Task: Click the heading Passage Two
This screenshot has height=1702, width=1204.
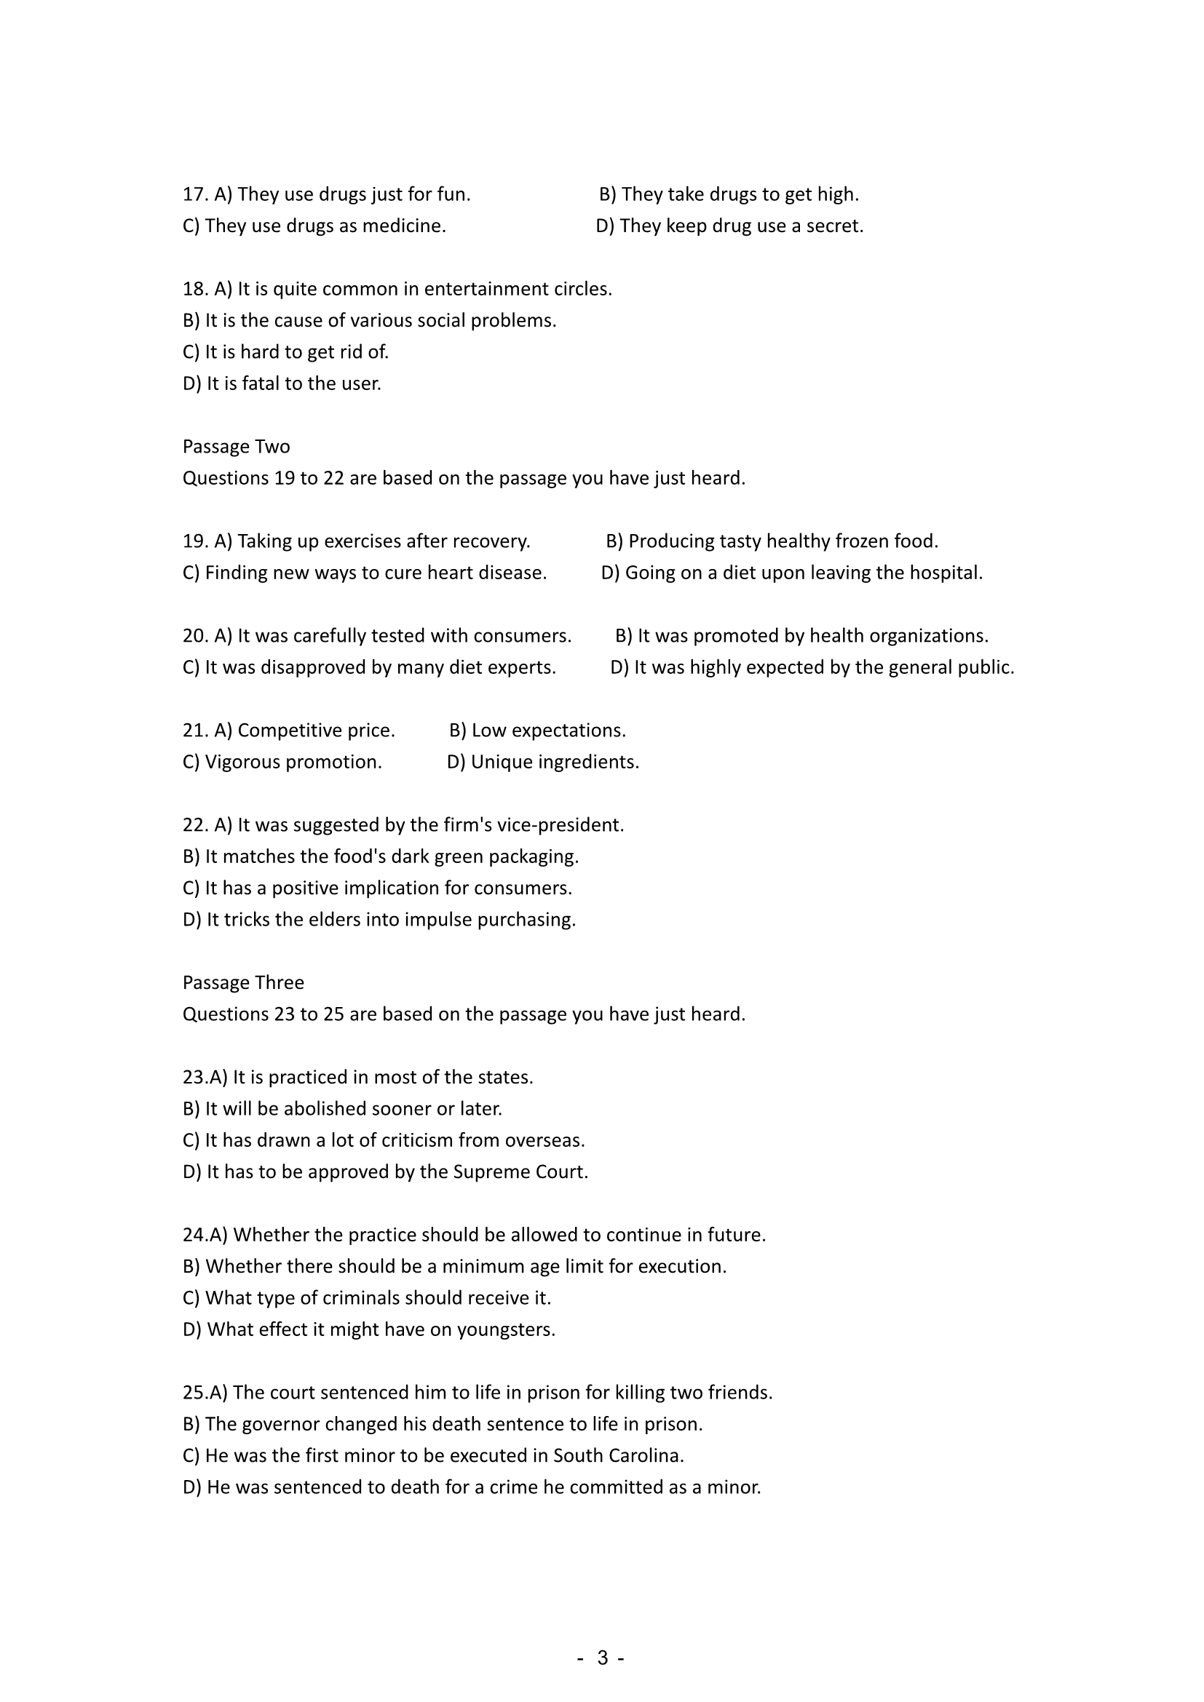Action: click(x=236, y=446)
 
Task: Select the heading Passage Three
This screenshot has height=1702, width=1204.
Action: click(x=243, y=982)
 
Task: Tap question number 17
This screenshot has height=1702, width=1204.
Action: click(x=195, y=194)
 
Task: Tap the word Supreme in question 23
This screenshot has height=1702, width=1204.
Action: click(x=491, y=1172)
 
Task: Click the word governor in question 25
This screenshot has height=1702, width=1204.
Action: click(x=285, y=1425)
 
